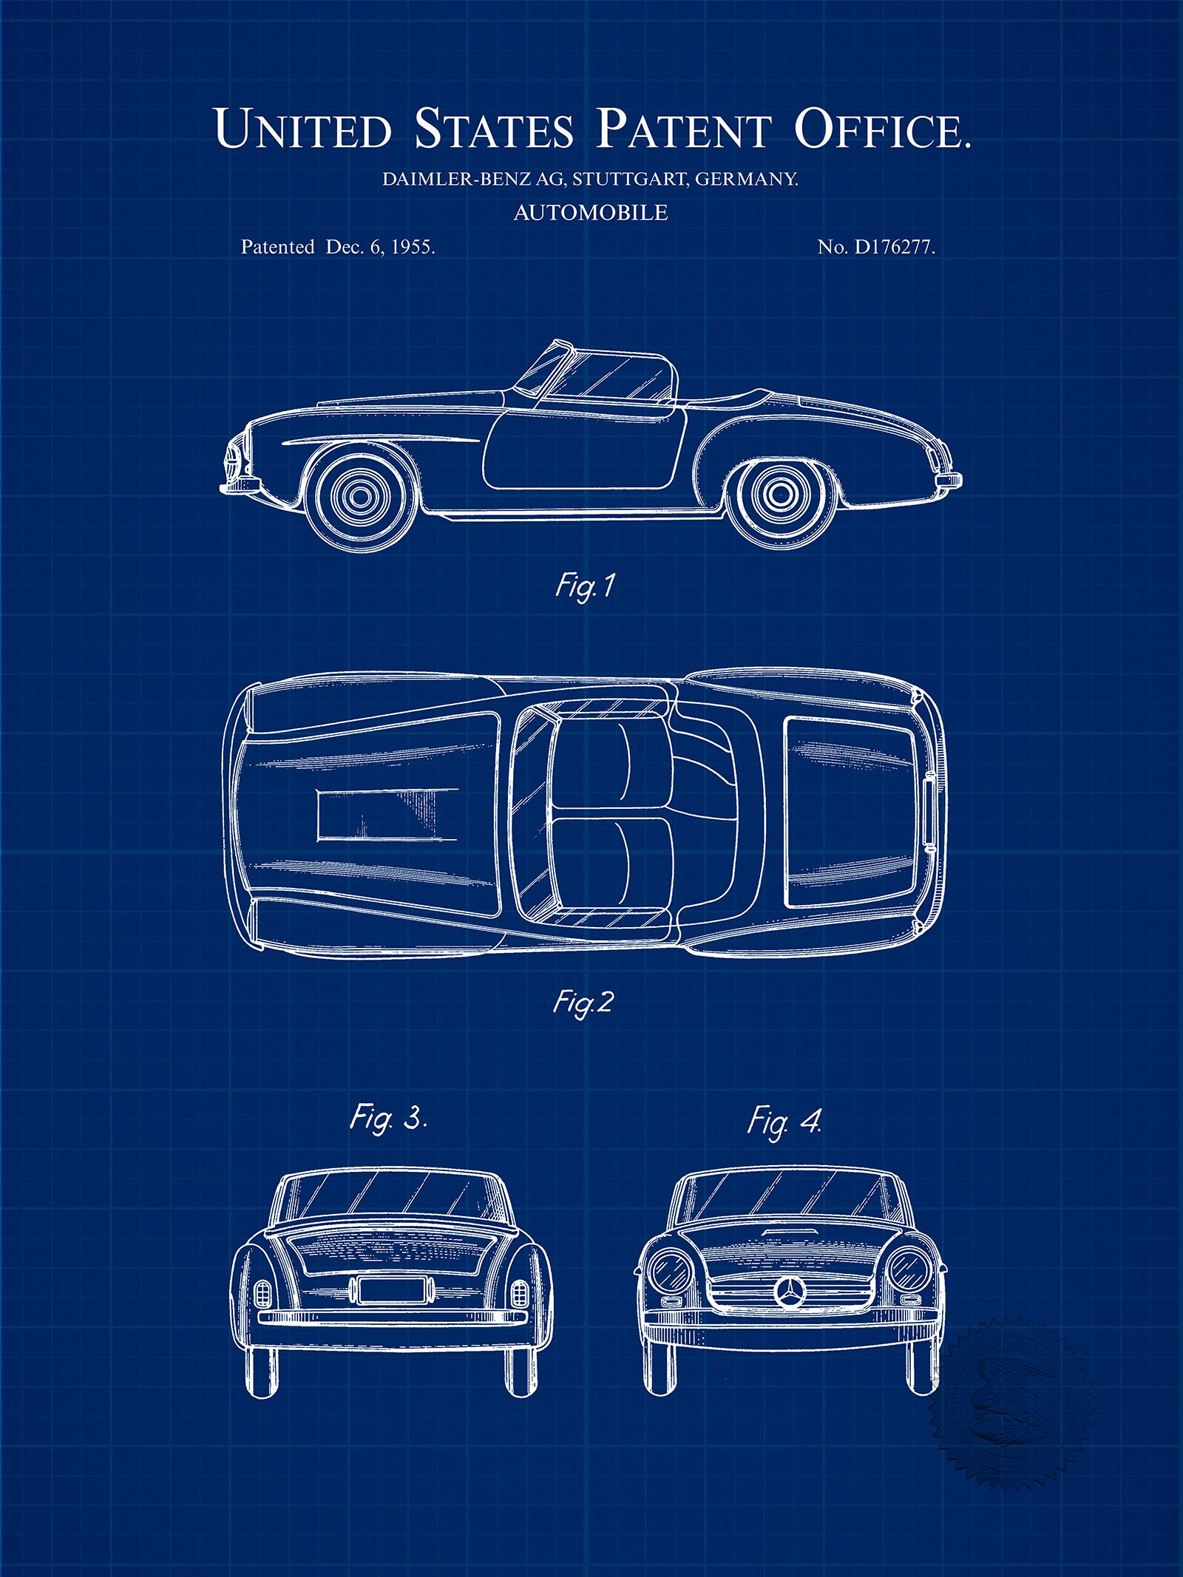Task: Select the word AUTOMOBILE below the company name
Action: tap(591, 213)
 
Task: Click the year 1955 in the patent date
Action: tap(412, 248)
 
